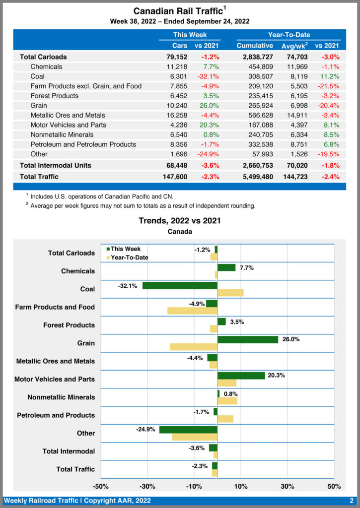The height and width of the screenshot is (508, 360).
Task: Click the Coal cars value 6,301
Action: coord(177,76)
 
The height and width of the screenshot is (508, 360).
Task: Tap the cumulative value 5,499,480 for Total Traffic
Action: coord(255,176)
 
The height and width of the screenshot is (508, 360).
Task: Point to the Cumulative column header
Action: coord(255,46)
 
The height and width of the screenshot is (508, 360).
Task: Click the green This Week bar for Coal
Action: coord(180,286)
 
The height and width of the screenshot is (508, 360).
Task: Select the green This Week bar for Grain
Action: coord(248,339)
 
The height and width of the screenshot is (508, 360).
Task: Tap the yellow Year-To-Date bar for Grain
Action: coord(194,347)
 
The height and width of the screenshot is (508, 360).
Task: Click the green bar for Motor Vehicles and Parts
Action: coord(241,376)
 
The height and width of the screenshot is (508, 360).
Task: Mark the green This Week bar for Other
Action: coord(188,429)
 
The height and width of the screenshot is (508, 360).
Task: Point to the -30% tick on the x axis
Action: coord(147,486)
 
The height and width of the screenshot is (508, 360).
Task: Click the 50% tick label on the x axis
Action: coord(334,486)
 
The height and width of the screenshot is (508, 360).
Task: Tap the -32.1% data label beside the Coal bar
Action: coord(128,286)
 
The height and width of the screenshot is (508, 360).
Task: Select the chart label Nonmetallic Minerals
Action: coord(61,397)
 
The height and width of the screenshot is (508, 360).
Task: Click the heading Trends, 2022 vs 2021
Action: coord(180,221)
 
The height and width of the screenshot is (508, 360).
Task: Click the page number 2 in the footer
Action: coord(351,501)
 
